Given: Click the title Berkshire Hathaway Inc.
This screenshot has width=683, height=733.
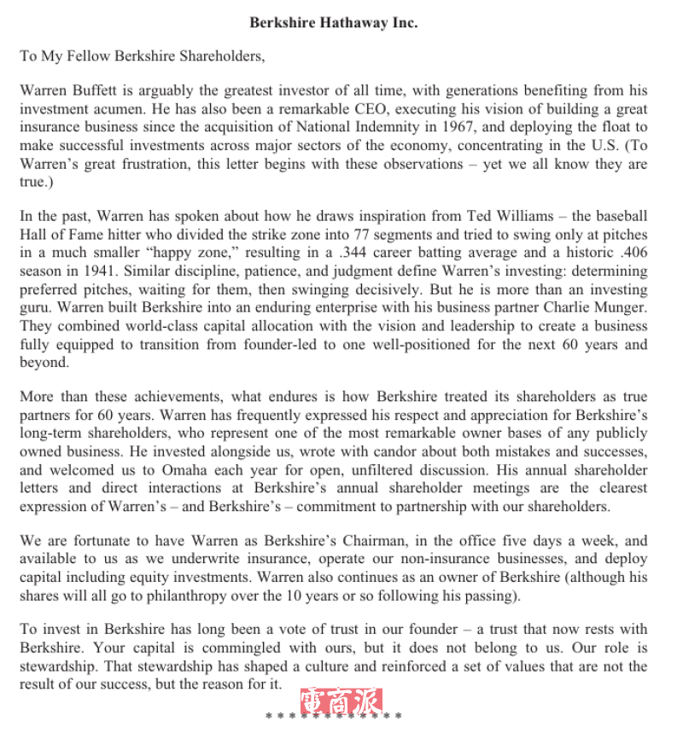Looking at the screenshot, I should (333, 23).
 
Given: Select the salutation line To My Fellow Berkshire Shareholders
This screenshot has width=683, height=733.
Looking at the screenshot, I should (143, 56).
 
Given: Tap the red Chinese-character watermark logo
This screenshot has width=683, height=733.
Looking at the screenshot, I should (341, 701).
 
